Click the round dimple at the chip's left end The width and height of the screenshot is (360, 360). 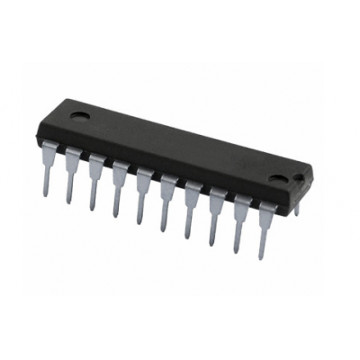[x=79, y=114]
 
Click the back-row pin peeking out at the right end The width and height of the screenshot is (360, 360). [x=295, y=208]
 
